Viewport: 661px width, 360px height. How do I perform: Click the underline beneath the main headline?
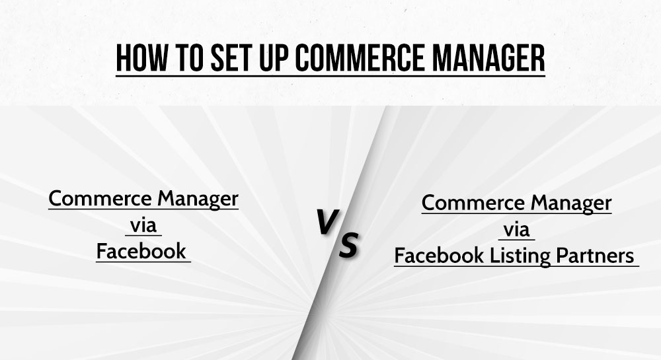tap(330, 76)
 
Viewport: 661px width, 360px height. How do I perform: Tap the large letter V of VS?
tap(327, 221)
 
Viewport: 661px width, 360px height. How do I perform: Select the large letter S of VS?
tap(348, 244)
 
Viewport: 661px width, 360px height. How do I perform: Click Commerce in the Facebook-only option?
tap(100, 198)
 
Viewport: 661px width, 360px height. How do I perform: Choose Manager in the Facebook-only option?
tap(198, 199)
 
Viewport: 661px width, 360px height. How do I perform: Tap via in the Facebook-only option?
tap(143, 225)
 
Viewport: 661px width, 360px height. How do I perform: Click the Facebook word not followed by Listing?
tap(141, 251)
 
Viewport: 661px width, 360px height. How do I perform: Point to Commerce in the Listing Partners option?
tap(473, 203)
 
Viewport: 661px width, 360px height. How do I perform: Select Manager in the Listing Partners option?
tap(571, 203)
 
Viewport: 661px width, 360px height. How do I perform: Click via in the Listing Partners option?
tap(516, 230)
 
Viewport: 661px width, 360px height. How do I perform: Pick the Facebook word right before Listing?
tap(440, 256)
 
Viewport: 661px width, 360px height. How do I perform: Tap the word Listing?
tap(520, 256)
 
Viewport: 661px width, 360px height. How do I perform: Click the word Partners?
tap(595, 256)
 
